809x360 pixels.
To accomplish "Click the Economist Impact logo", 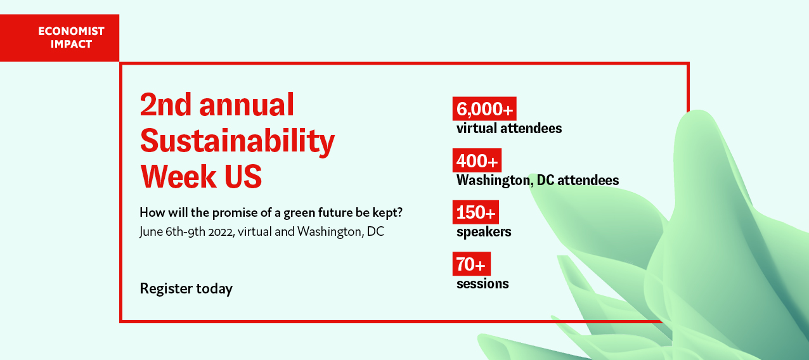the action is pos(60,37).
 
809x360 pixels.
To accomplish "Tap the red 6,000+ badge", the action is pos(484,108).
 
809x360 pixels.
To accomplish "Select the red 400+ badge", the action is pos(477,160).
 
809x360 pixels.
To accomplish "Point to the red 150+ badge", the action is pos(476,212).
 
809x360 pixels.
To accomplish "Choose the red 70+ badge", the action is pos(472,264).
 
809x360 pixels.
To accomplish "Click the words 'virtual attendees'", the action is pos(509,129).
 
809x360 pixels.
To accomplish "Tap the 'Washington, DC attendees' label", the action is pos(538,180).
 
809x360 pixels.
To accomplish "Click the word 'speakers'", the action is pos(484,232).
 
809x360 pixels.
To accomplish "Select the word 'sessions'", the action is pos(482,284).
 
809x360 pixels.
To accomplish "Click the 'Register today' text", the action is pos(186,289).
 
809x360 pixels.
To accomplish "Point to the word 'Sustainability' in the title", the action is pos(237,141).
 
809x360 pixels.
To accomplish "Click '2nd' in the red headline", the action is pos(165,105).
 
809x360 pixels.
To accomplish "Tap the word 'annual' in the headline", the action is pos(247,105).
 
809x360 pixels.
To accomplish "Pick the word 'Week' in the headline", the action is pos(178,177).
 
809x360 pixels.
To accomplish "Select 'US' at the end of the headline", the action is pos(243,177).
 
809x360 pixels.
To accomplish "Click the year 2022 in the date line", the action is pos(221,232).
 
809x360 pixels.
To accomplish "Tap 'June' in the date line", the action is pos(151,232).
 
